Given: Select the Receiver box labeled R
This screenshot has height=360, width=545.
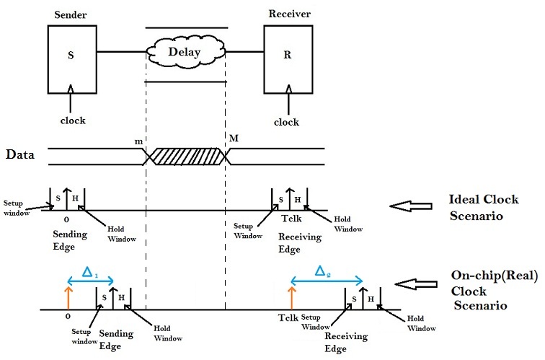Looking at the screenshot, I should click(287, 58).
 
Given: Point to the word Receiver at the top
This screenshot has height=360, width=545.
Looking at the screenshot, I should click(288, 14).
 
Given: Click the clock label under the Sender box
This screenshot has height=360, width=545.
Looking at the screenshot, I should click(72, 121).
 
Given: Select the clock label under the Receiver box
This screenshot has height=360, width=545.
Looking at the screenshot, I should click(287, 122).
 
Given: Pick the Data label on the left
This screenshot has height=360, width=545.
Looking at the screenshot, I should click(22, 154).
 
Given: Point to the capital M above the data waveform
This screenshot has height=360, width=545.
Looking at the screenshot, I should click(233, 138).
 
